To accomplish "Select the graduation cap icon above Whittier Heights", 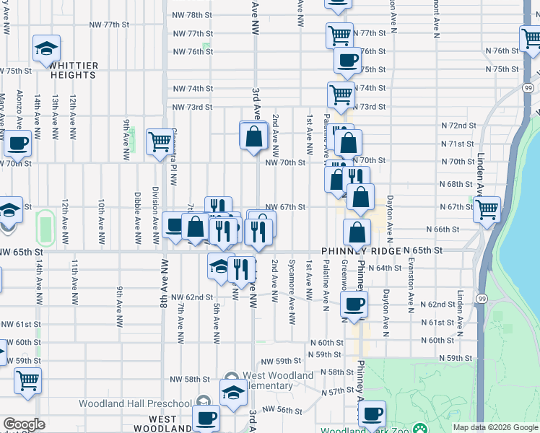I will (47, 49).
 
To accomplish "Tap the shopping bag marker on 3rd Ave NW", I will (254, 136).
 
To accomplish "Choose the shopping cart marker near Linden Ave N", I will (487, 209).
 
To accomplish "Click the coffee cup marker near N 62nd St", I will (354, 304).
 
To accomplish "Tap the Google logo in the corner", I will (24, 424).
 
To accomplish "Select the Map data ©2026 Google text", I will (495, 427).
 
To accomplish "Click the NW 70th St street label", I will (286, 163).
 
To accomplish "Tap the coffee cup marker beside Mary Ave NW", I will (17, 143).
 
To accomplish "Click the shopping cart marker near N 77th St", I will (339, 34).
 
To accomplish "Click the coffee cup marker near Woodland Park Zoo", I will (373, 414).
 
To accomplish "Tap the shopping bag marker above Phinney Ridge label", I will (357, 232).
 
